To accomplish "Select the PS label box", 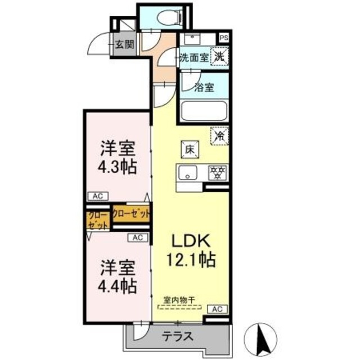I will [224, 38].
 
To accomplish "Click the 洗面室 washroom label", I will [193, 57].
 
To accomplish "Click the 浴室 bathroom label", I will [204, 87].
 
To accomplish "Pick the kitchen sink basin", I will [186, 173].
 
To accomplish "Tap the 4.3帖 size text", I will [118, 168].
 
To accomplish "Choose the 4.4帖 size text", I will [118, 286].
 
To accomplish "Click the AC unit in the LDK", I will [218, 309].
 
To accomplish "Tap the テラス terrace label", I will [179, 337].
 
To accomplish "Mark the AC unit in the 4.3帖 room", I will [97, 196].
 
